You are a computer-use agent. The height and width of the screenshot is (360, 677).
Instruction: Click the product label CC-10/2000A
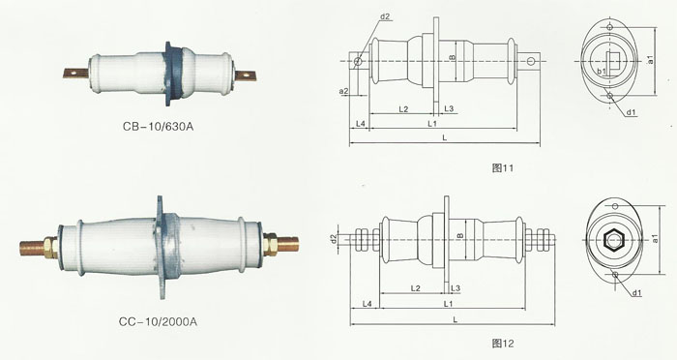point(158,322)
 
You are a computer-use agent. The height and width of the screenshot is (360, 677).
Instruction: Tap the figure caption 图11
point(503,167)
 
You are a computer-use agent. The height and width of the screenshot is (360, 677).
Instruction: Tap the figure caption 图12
point(503,344)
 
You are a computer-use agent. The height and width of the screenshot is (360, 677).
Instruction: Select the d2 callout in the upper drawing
point(385,16)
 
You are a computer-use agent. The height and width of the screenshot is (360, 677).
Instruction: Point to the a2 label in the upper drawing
point(343,91)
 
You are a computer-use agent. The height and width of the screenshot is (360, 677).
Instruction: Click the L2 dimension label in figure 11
point(403,109)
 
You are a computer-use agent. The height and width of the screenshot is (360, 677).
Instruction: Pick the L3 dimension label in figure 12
point(456,288)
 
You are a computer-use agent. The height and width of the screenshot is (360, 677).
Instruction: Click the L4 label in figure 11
point(361,124)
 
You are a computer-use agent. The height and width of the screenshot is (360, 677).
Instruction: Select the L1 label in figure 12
point(448,304)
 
